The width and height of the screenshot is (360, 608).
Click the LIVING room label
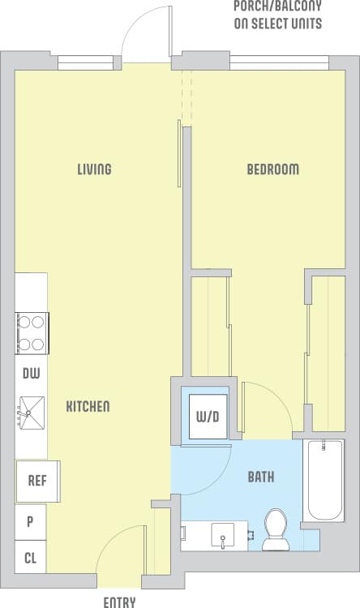tap(94, 169)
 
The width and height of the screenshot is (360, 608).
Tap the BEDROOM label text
tap(272, 169)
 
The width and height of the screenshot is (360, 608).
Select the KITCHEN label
tap(88, 406)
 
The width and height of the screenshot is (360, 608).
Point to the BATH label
tap(260, 477)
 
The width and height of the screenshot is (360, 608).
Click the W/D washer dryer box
tap(208, 417)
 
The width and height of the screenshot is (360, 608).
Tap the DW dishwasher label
tap(31, 374)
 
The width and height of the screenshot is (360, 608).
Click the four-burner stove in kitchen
tap(31, 333)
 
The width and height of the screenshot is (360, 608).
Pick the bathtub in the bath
tap(324, 481)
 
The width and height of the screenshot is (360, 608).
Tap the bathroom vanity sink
tap(221, 535)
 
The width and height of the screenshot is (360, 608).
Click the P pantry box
tap(31, 521)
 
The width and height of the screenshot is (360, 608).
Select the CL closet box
tap(31, 558)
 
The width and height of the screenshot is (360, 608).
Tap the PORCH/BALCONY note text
tap(277, 15)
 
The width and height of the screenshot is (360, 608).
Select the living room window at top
tap(84, 62)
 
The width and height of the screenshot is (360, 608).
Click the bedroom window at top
tap(279, 62)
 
